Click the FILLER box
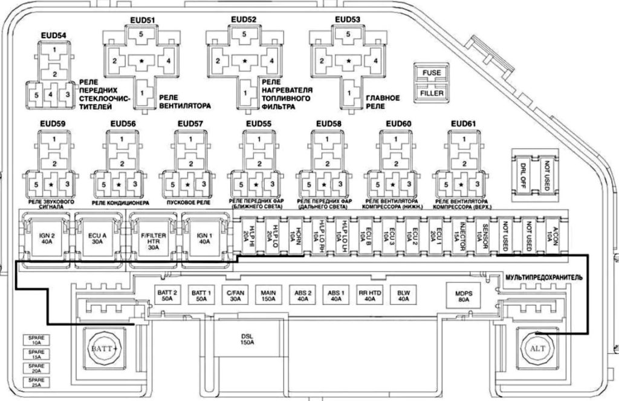pos(432,94)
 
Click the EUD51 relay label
pos(143,19)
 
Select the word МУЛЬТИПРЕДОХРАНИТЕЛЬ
pos(543,276)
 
